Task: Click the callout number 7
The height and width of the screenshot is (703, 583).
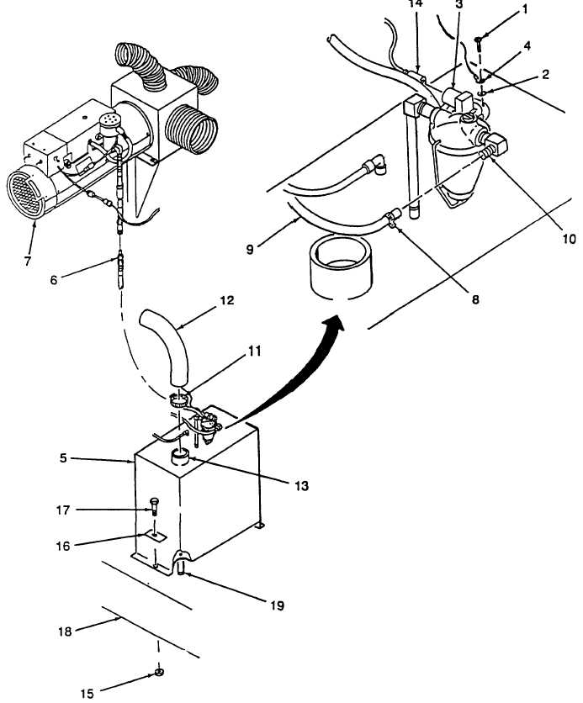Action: (28, 261)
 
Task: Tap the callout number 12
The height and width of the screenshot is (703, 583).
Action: (227, 300)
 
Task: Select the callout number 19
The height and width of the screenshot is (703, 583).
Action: (277, 605)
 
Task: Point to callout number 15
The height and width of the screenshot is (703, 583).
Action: (87, 693)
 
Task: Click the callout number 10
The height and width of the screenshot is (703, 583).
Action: (568, 239)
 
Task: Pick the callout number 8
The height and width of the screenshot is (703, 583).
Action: (475, 299)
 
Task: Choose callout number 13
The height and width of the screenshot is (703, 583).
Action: (301, 485)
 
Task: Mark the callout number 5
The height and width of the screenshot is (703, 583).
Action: (63, 457)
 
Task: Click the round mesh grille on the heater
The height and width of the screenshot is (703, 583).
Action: (26, 192)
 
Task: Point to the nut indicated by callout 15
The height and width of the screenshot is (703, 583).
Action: (158, 672)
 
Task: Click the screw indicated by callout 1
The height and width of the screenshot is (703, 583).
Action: (478, 44)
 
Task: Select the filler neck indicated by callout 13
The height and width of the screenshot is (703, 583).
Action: (181, 457)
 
